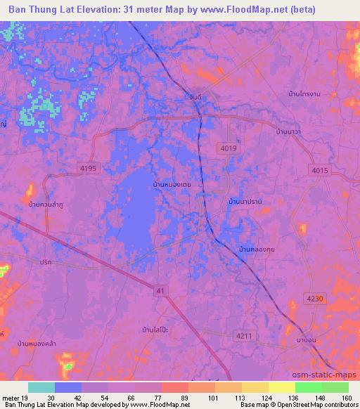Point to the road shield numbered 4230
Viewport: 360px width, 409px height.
pos(316,299)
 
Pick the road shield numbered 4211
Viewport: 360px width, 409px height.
pos(244,335)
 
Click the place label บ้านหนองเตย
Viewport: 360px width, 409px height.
pos(173,184)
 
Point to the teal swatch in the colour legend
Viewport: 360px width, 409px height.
pos(41,388)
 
